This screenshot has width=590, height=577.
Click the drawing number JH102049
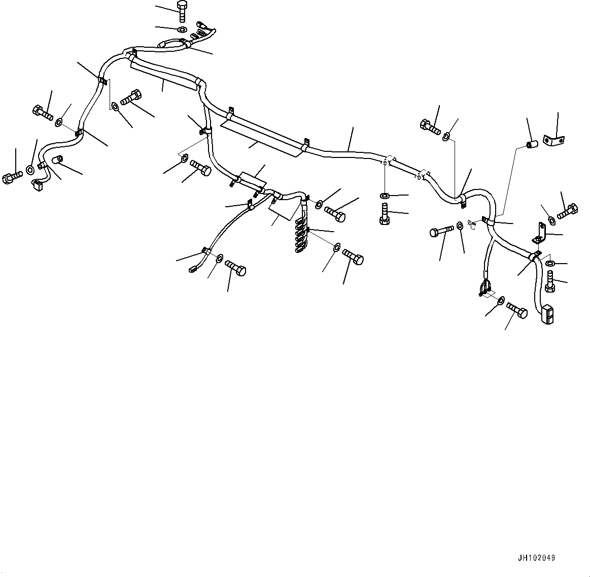[536, 558]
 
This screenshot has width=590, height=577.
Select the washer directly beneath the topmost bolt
[182, 29]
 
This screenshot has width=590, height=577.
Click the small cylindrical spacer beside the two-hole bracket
[532, 144]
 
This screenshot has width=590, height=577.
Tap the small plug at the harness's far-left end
[37, 185]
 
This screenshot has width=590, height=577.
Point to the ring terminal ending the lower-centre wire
[193, 269]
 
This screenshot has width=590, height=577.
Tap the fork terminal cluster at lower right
[485, 288]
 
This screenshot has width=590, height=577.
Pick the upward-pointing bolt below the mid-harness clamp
[384, 214]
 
